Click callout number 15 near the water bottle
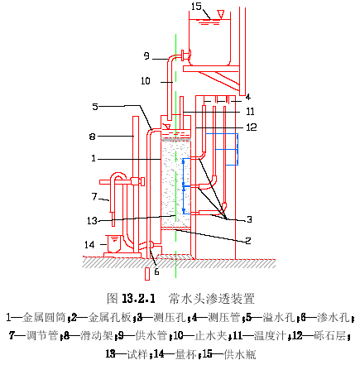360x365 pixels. click(x=196, y=7)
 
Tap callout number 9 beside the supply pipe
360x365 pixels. click(x=146, y=56)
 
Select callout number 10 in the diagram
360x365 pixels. click(x=146, y=81)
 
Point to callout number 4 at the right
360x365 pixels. click(x=248, y=97)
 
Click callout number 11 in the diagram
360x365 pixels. click(x=250, y=112)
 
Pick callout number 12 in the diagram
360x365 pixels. click(x=252, y=127)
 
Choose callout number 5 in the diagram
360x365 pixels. click(x=95, y=107)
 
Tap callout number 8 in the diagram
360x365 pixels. click(x=92, y=137)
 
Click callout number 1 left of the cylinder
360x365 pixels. click(x=94, y=158)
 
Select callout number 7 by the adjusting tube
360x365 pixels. click(x=94, y=197)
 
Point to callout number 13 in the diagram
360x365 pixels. click(x=93, y=221)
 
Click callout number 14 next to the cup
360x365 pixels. click(x=89, y=244)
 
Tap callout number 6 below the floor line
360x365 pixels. click(x=156, y=271)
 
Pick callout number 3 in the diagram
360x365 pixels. click(x=249, y=219)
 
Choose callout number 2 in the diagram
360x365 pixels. click(x=248, y=241)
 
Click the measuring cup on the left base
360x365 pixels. click(x=113, y=243)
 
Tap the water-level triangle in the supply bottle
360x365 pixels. click(x=220, y=14)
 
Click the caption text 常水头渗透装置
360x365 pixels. click(x=212, y=299)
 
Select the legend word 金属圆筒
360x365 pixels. click(x=44, y=318)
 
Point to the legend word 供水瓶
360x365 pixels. click(x=240, y=354)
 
